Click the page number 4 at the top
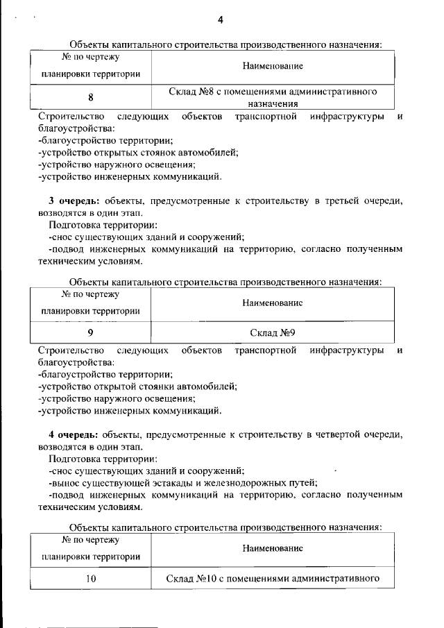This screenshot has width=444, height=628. click(220, 19)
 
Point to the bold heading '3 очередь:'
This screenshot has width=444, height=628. click(69, 201)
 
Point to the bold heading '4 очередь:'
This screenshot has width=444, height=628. click(69, 434)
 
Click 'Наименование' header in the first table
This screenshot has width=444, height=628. click(273, 67)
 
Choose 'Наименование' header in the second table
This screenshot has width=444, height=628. click(273, 303)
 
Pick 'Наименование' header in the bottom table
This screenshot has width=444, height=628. click(273, 548)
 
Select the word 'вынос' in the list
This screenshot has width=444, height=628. click(66, 483)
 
